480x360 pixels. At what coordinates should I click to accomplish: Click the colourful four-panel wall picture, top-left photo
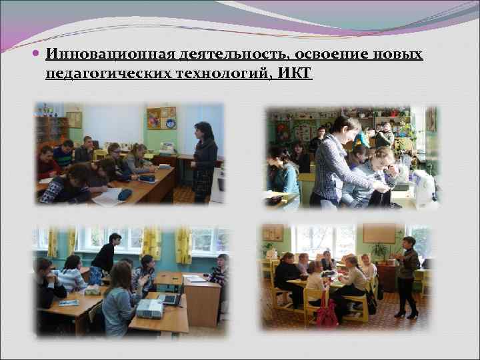(161, 118)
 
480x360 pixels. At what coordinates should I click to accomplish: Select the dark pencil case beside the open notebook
(125, 194)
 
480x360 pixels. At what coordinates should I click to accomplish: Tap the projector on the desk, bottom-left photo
(149, 307)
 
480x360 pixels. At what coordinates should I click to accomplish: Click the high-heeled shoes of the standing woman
(406, 313)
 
